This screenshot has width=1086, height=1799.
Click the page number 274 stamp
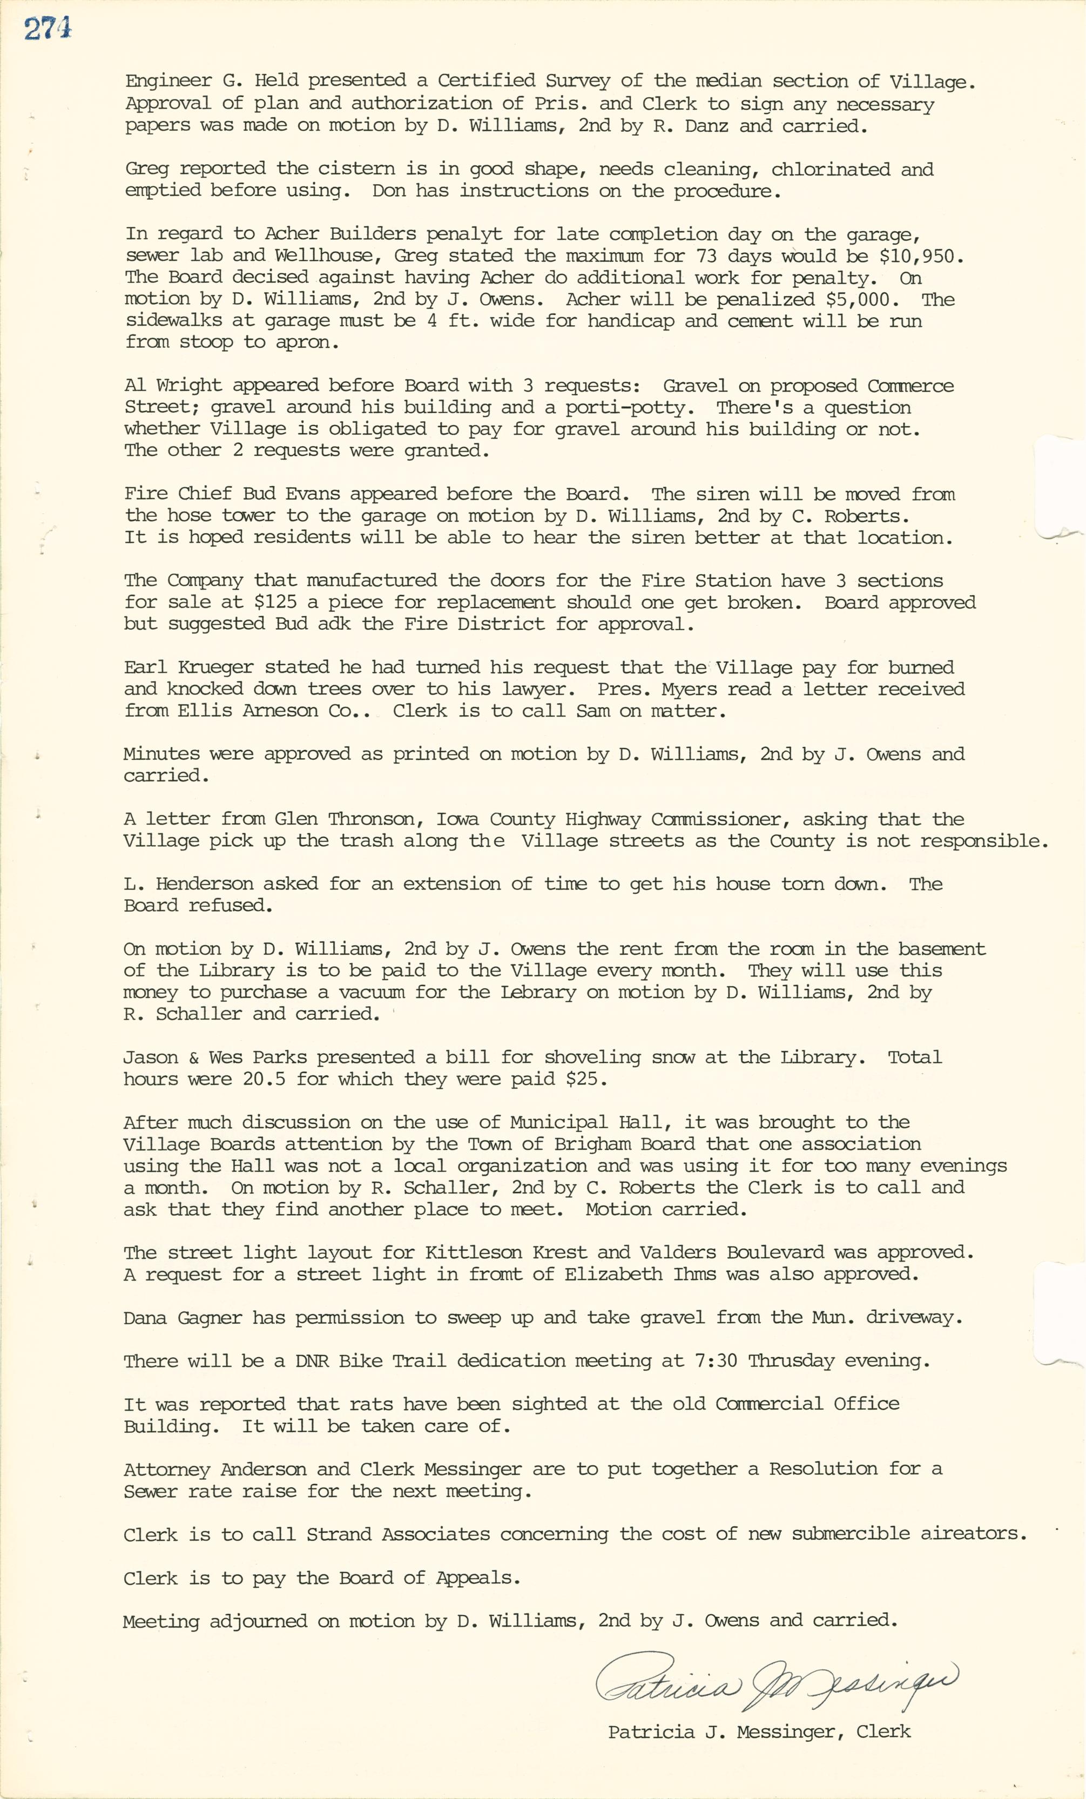coord(48,29)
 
